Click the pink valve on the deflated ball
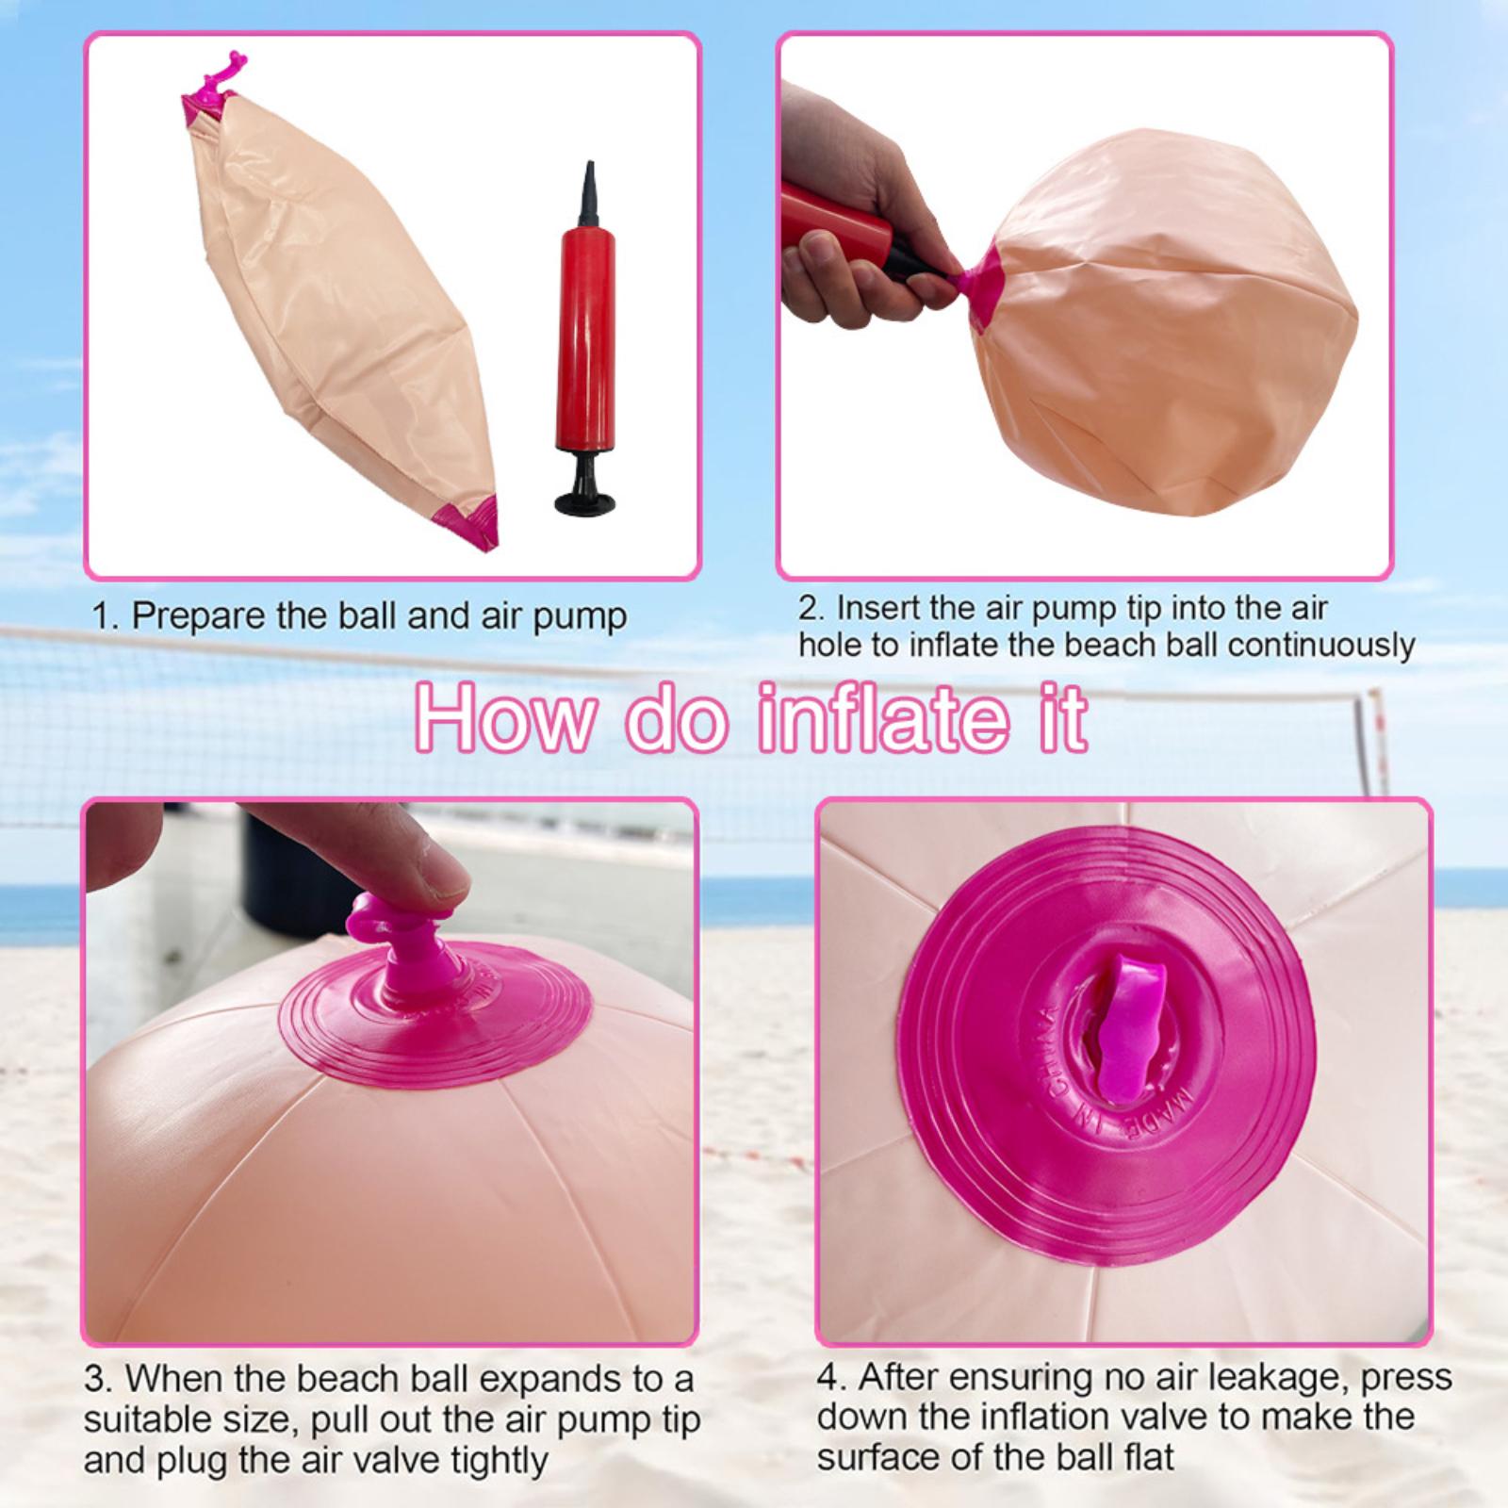pos(212,90)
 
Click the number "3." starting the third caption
pos(99,1380)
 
